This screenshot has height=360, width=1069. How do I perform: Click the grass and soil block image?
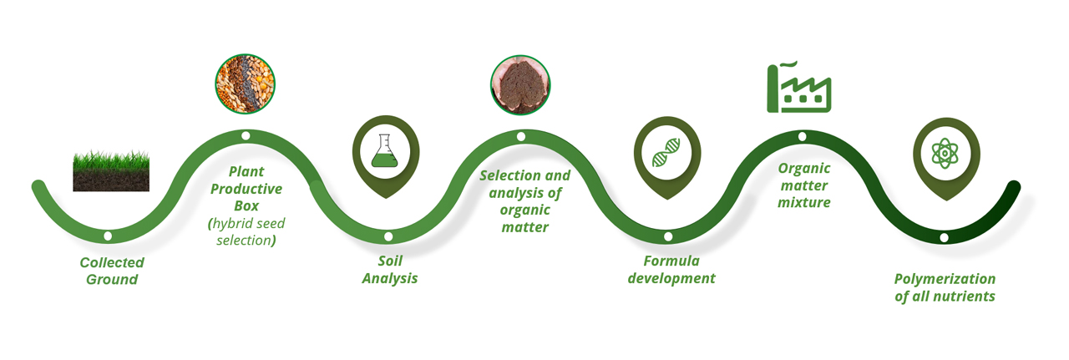click(x=111, y=170)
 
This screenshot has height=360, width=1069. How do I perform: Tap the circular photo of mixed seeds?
click(x=246, y=84)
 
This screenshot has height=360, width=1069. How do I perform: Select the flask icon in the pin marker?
click(x=385, y=151)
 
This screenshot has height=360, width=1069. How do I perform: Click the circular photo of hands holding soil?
click(x=520, y=85)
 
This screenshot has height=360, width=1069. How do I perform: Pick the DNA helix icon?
click(x=666, y=152)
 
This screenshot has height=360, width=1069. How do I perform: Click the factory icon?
click(x=799, y=88)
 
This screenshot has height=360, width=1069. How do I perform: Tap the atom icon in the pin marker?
click(x=945, y=153)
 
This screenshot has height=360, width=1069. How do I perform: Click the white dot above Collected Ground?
click(x=108, y=236)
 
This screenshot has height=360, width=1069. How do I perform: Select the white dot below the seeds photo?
click(x=246, y=135)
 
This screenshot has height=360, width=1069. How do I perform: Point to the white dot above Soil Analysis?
click(x=388, y=236)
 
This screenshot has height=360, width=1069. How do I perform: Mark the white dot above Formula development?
click(x=668, y=236)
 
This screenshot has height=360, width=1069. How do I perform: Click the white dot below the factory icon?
click(x=803, y=136)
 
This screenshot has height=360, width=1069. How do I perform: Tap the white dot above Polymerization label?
click(x=944, y=237)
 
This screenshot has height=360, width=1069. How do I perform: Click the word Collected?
click(x=112, y=262)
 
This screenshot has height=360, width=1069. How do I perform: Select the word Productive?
click(x=246, y=189)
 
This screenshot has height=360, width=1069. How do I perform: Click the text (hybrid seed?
click(x=246, y=224)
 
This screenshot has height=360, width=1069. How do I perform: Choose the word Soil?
click(x=390, y=261)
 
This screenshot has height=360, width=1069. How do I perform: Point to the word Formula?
click(x=671, y=261)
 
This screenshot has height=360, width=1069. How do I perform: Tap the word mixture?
click(x=804, y=202)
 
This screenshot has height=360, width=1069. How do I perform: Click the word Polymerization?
click(x=945, y=279)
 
